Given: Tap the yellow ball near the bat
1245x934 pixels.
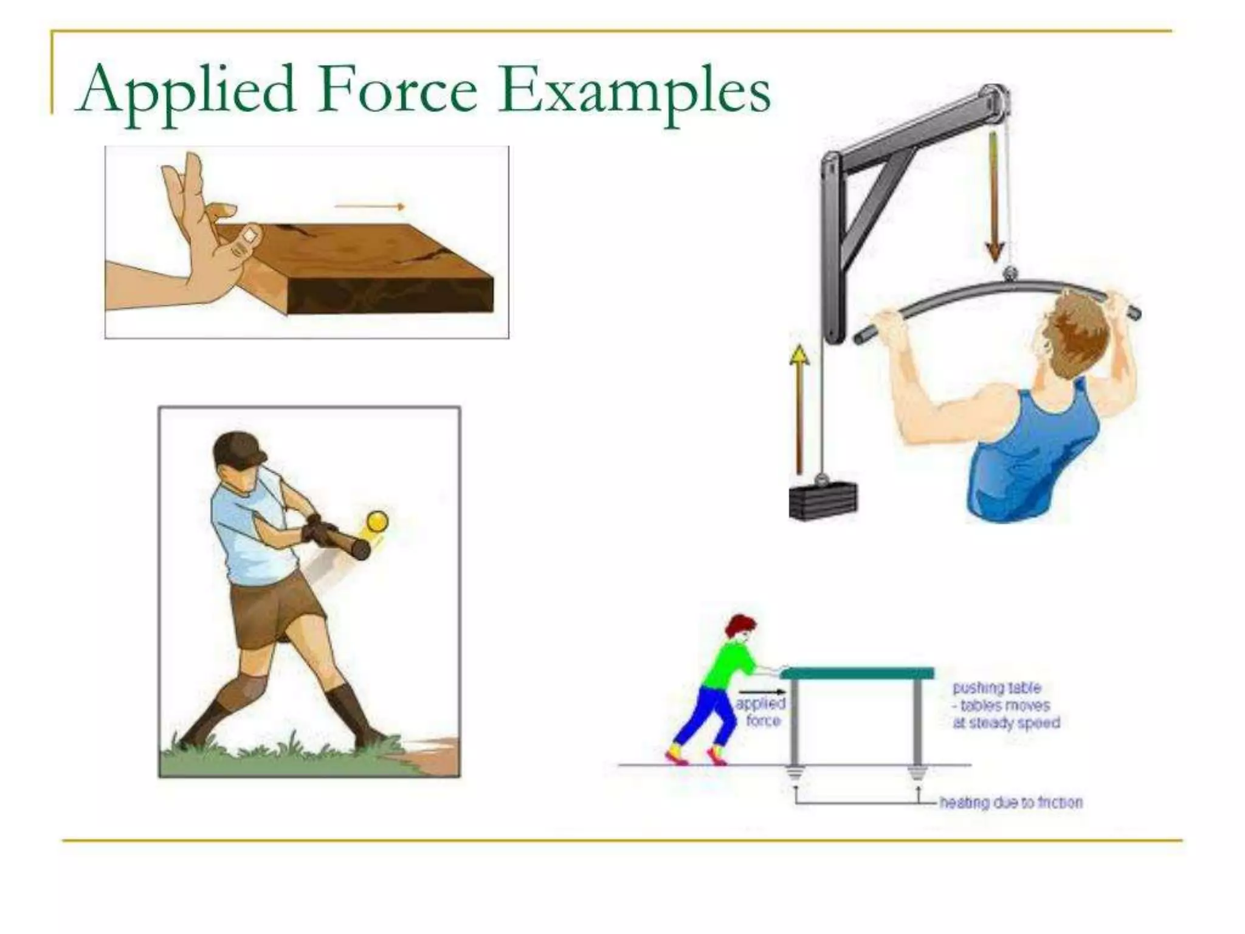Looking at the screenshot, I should click(x=378, y=522).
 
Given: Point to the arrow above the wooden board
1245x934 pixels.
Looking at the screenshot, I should click(x=370, y=207).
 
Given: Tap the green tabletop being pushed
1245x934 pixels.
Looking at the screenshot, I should click(x=857, y=673).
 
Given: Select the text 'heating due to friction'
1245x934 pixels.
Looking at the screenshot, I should click(x=1011, y=803).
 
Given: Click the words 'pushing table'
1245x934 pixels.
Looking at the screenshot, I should click(x=997, y=688).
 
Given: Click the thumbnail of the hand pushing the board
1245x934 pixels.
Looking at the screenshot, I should click(x=306, y=242).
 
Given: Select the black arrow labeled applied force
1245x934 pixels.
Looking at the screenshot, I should click(x=762, y=692).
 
